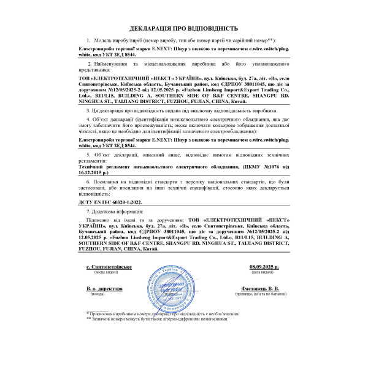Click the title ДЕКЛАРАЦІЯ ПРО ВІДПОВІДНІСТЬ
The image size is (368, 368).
[183, 28]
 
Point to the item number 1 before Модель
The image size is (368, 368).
[89, 39]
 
